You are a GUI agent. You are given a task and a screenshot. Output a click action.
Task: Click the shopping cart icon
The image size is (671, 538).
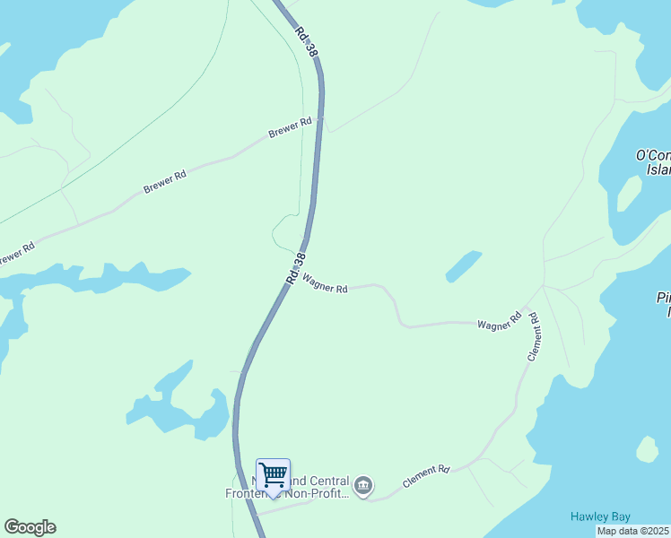point(273,473)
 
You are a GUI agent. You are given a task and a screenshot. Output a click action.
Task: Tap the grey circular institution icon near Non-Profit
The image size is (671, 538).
point(363,486)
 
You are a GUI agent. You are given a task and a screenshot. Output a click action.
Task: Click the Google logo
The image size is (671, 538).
point(30,527)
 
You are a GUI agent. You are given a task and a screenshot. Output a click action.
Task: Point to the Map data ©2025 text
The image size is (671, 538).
point(632,531)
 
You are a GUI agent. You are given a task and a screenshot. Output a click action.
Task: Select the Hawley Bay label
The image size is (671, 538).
point(601,516)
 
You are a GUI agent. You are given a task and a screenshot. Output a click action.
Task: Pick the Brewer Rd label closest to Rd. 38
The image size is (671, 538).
point(290,129)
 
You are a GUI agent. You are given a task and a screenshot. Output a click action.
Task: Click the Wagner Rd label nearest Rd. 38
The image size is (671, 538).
point(325,284)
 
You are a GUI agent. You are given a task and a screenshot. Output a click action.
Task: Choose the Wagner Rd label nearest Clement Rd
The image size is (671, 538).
point(500,321)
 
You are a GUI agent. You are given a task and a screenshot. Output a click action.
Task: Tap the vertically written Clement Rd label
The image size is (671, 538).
point(533,336)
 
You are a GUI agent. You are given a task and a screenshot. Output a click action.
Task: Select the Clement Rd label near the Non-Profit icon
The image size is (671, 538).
point(425,475)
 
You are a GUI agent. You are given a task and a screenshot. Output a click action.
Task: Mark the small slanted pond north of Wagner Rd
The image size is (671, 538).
point(463,265)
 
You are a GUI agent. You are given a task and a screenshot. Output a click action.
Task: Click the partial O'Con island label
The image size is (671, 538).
point(653,162)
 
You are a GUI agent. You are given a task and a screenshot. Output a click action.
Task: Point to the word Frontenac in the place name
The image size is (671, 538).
point(252,492)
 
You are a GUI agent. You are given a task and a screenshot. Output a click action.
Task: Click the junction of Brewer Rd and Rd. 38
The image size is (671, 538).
point(319,118)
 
